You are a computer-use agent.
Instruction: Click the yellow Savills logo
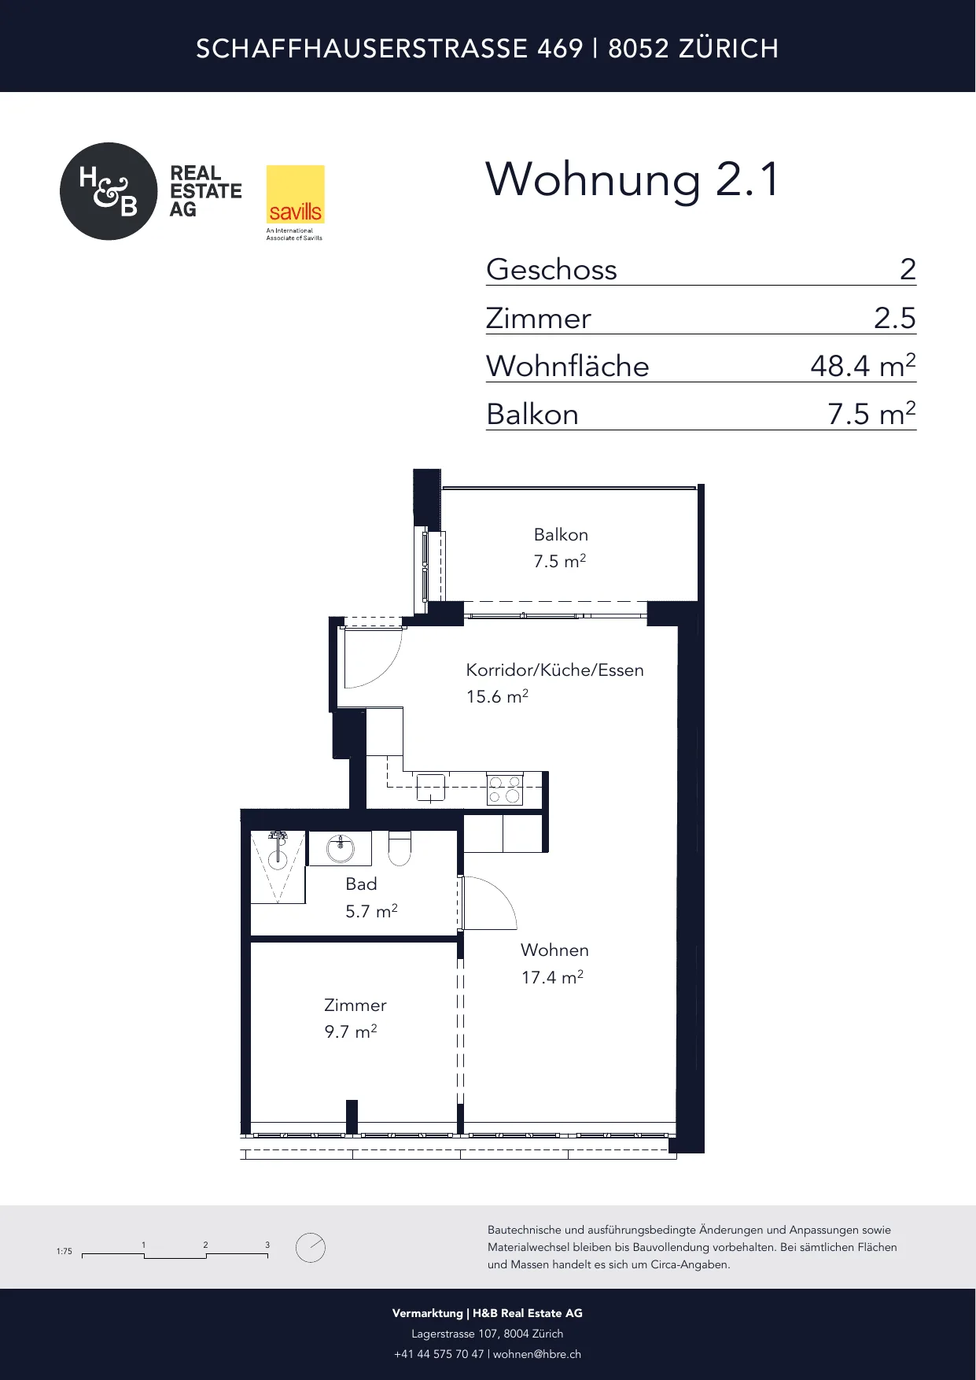(295, 194)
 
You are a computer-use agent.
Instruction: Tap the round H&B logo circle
(109, 191)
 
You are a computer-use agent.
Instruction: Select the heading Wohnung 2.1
(632, 179)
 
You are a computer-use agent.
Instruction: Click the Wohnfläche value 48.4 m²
(863, 366)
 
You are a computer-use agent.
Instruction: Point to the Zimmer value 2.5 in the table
(895, 318)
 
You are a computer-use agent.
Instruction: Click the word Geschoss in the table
(551, 270)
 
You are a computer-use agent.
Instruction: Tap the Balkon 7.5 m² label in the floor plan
(561, 548)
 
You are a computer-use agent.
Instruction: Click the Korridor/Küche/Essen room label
(554, 670)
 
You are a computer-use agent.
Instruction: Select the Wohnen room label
(554, 950)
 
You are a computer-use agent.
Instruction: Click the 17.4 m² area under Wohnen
(552, 977)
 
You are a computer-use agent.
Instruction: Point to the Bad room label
(361, 884)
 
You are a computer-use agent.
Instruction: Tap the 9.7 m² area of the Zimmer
(351, 1031)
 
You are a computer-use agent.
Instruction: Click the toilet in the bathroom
(400, 848)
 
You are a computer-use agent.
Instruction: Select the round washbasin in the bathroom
(341, 848)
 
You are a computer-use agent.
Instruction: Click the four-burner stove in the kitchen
(505, 789)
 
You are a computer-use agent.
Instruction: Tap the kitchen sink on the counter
(430, 787)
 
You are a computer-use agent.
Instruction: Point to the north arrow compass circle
(311, 1247)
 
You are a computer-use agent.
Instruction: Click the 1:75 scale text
(64, 1251)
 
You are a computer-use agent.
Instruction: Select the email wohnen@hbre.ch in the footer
(537, 1354)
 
